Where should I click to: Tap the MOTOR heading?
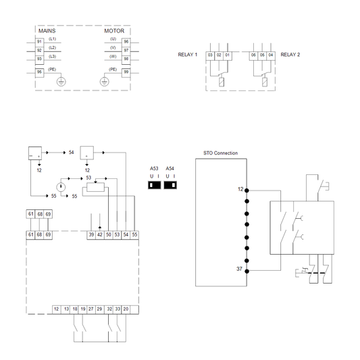click(114, 31)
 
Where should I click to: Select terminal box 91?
click(39, 42)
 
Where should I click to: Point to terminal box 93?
click(39, 59)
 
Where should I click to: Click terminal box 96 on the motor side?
click(126, 42)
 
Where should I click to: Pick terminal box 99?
click(126, 72)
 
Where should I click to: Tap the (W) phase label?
click(113, 57)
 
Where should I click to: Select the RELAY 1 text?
click(187, 54)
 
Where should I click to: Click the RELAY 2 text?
click(290, 54)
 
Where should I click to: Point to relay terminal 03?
click(210, 54)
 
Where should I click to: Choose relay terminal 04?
click(271, 54)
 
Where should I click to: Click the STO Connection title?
click(220, 153)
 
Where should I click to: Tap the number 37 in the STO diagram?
click(239, 269)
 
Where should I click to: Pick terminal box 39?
click(91, 234)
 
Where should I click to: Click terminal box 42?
click(100, 234)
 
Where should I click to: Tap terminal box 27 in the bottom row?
click(91, 309)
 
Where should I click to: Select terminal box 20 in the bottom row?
click(126, 309)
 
